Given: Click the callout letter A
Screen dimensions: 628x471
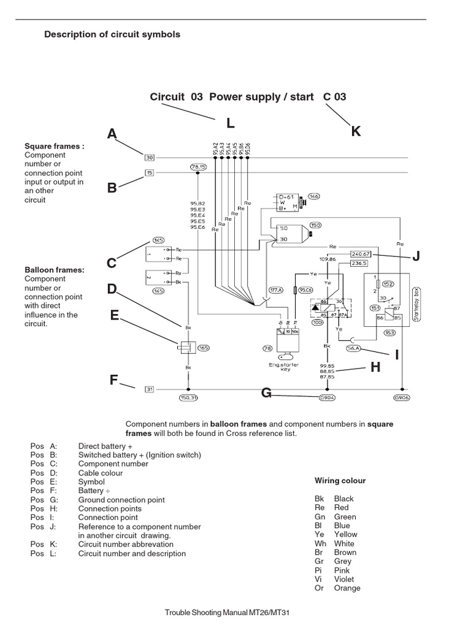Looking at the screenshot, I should coord(112,134).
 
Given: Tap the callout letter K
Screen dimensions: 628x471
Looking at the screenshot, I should coord(356,131).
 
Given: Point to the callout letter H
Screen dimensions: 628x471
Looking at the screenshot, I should coord(375,367).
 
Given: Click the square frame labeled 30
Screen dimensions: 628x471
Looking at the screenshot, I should coord(149,157).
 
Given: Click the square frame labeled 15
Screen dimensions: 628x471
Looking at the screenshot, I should coord(149,173).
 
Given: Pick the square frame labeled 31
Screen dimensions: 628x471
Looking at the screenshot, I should coord(149,389).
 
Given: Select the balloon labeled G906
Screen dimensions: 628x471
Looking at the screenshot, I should coord(402,397).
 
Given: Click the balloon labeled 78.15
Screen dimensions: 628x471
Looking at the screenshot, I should coord(198,166).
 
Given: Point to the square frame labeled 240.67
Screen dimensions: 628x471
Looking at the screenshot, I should coord(361,253).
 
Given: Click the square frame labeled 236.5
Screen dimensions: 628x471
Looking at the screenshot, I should coord(358,263).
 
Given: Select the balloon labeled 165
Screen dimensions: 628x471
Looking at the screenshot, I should coord(204,348).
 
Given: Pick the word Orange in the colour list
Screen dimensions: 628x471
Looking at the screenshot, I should coord(347,588).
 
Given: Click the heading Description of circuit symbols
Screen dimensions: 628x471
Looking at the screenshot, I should coord(112,34).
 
